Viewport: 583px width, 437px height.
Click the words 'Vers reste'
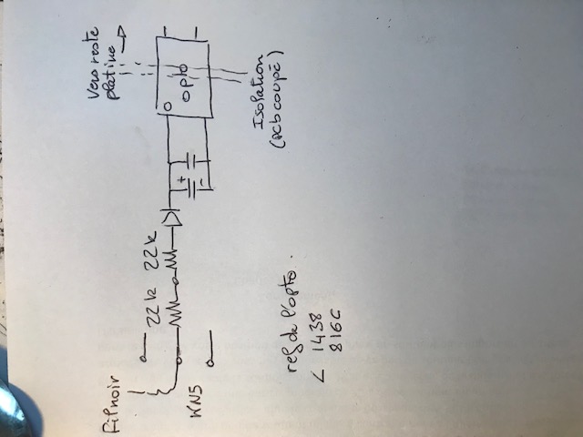(x=95, y=68)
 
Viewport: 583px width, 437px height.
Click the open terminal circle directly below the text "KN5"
(x=211, y=363)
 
